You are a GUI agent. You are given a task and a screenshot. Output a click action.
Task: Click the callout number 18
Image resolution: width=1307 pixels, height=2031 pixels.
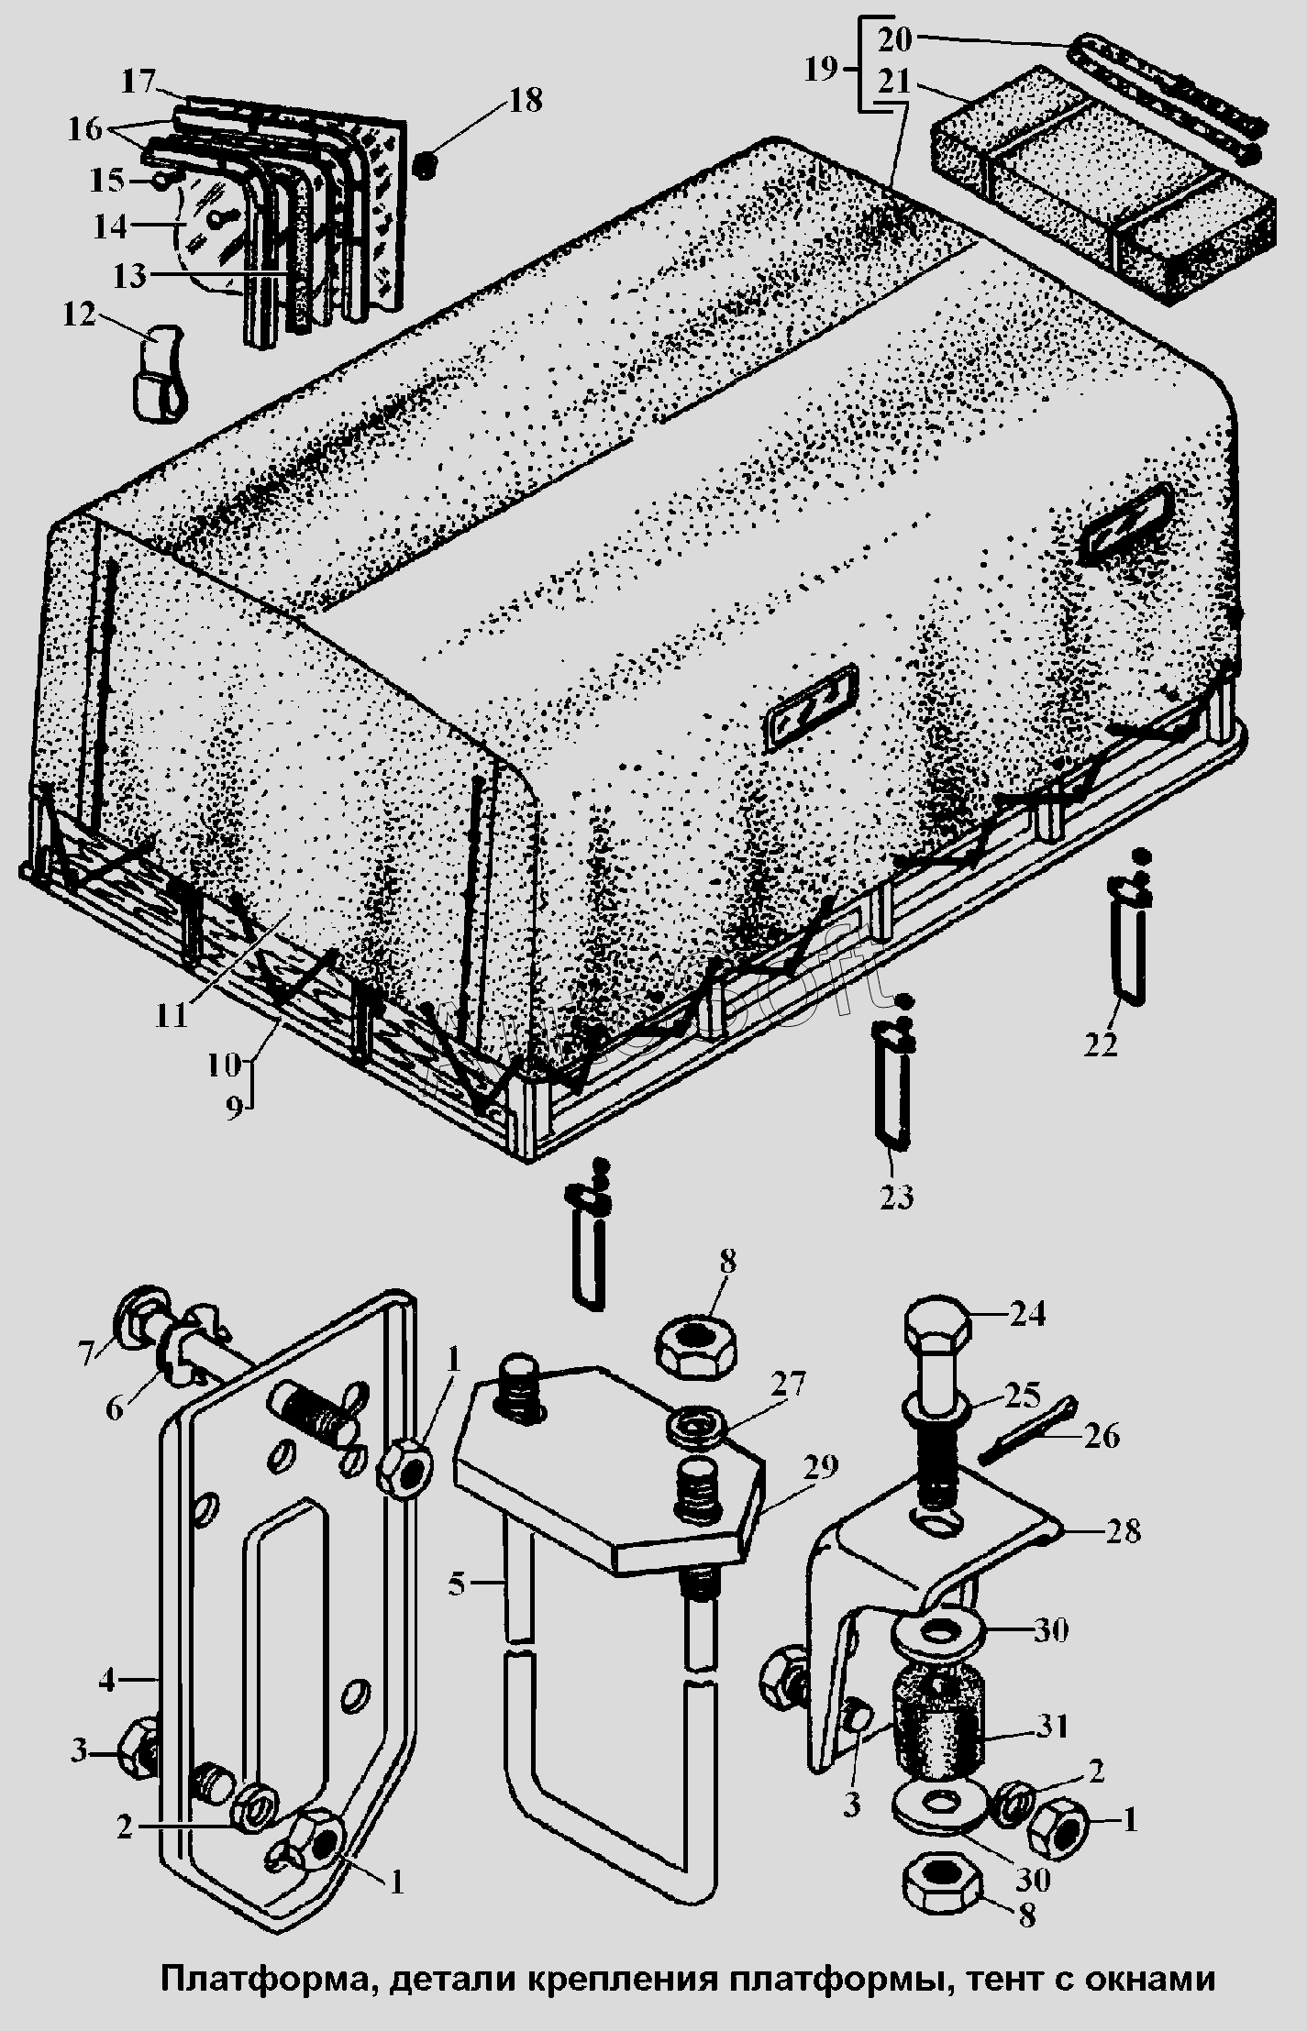[x=525, y=100]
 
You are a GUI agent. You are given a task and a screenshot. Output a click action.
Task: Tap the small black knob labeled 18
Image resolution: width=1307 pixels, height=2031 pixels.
[x=425, y=166]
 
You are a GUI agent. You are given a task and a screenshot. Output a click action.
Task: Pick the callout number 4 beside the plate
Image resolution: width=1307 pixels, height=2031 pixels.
[x=107, y=1681]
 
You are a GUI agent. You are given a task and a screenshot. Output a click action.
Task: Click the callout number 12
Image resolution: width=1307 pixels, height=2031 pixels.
[x=79, y=315]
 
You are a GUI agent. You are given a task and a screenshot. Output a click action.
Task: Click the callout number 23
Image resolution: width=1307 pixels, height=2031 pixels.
[x=895, y=1196]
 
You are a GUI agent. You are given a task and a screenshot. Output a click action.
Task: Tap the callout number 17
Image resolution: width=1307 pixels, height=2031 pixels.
[x=139, y=82]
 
